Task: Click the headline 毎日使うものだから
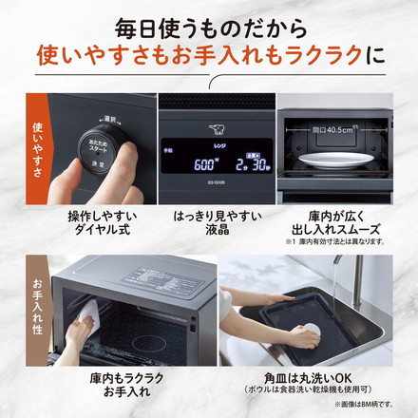[x=209, y=21]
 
